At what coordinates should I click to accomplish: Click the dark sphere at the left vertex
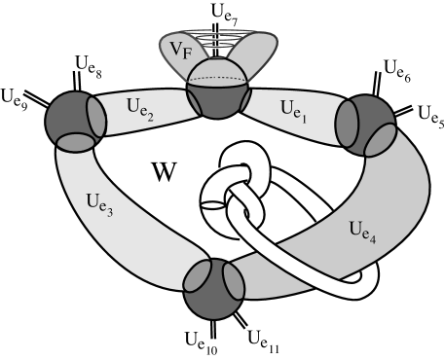(70, 119)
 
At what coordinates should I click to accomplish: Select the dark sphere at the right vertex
(362, 122)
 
